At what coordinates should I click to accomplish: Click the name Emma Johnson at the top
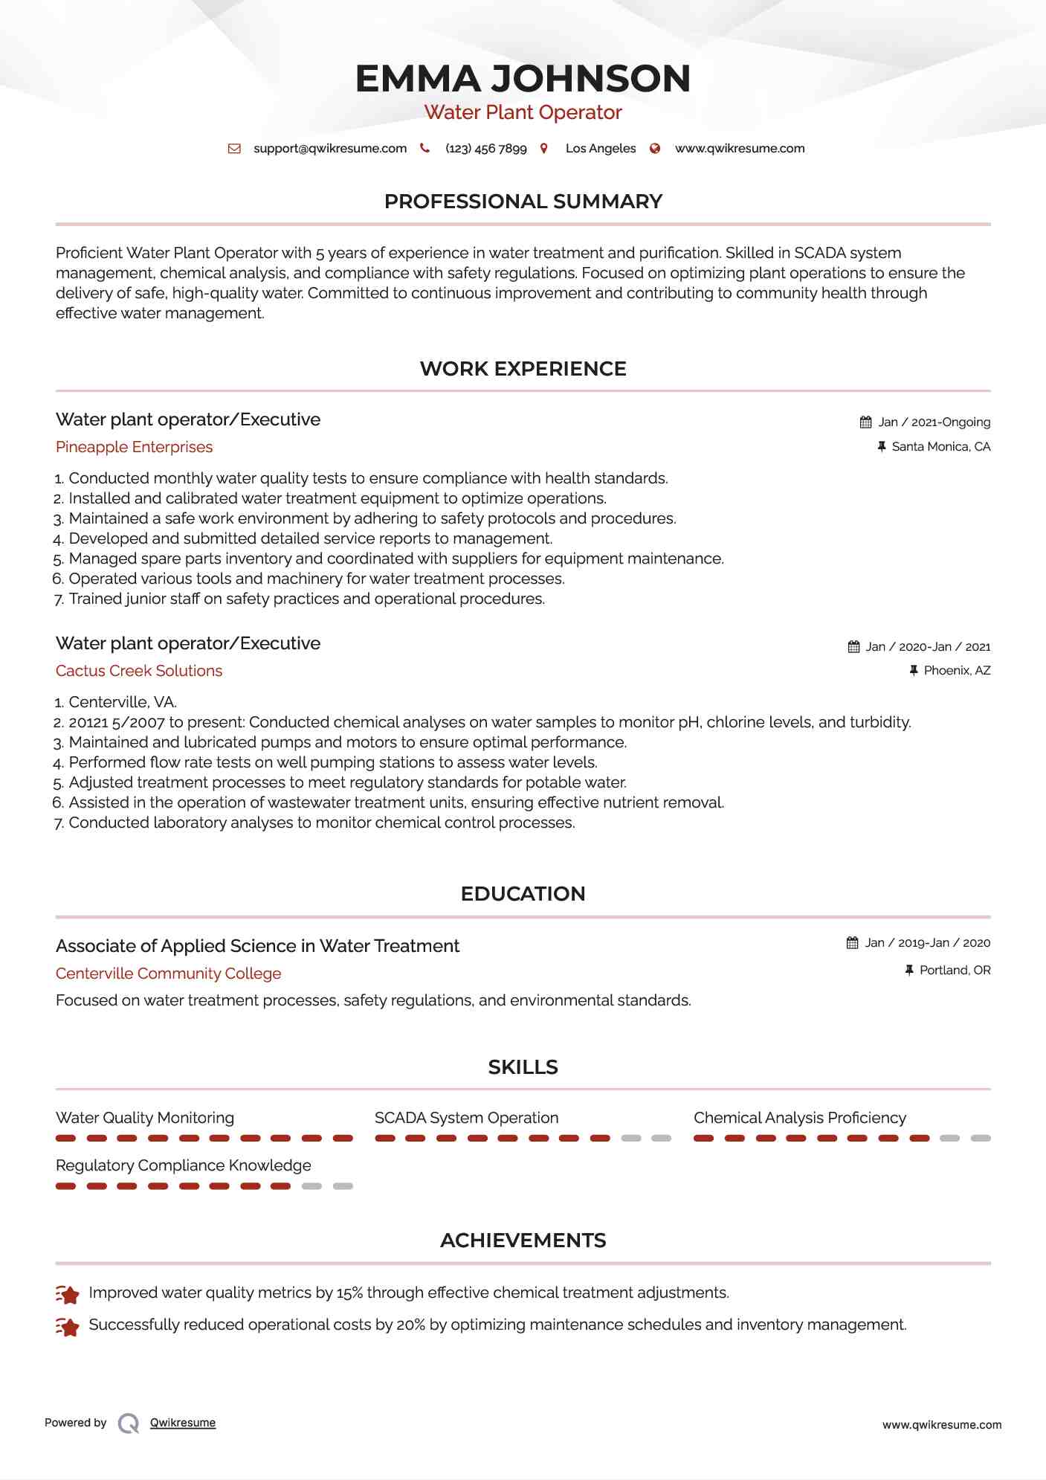pyautogui.click(x=523, y=79)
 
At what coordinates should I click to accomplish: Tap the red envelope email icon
pyautogui.click(x=234, y=149)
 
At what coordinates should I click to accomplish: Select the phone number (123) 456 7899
pyautogui.click(x=485, y=149)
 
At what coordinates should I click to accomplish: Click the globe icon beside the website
pyautogui.click(x=655, y=149)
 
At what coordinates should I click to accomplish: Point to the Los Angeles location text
pyautogui.click(x=600, y=149)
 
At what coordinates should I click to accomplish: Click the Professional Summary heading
pyautogui.click(x=523, y=202)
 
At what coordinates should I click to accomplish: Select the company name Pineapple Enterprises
pyautogui.click(x=134, y=447)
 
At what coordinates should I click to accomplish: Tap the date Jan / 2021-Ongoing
pyautogui.click(x=934, y=422)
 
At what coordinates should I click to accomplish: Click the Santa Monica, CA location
pyautogui.click(x=940, y=447)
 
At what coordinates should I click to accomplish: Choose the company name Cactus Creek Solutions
pyautogui.click(x=139, y=671)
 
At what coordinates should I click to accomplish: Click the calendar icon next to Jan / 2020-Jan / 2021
pyautogui.click(x=853, y=647)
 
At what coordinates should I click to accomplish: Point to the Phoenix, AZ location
pyautogui.click(x=957, y=671)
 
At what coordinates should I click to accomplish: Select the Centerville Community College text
pyautogui.click(x=168, y=974)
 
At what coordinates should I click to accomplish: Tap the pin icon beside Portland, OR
pyautogui.click(x=908, y=971)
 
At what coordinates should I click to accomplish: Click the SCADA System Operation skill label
pyautogui.click(x=466, y=1118)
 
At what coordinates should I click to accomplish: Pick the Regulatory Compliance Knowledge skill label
pyautogui.click(x=183, y=1165)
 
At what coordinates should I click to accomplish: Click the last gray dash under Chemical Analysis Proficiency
pyautogui.click(x=981, y=1139)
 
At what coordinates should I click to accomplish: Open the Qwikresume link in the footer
pyautogui.click(x=183, y=1423)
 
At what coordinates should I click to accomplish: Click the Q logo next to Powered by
pyautogui.click(x=129, y=1423)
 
